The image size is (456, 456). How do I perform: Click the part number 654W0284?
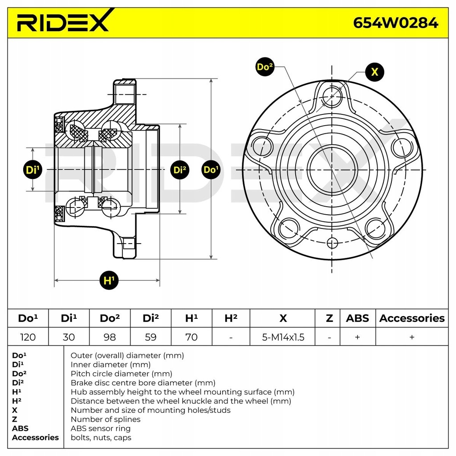click(395, 22)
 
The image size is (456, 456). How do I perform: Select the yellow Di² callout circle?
click(180, 170)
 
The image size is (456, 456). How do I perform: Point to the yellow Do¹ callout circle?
click(211, 170)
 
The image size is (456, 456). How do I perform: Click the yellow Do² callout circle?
click(265, 67)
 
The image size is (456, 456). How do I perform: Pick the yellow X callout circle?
click(375, 72)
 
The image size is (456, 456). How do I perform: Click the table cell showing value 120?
click(28, 337)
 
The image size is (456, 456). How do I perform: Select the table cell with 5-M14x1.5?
click(283, 337)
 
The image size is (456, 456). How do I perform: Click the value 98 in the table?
click(110, 337)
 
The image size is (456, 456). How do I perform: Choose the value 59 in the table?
click(151, 337)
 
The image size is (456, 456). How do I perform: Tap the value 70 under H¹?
click(191, 337)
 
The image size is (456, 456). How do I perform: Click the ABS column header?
click(357, 318)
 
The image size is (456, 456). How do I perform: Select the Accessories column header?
click(412, 318)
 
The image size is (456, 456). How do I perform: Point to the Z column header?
click(329, 318)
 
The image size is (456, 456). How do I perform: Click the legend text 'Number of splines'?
click(106, 419)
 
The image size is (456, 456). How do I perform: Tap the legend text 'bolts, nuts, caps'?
click(101, 437)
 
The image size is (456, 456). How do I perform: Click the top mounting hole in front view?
click(332, 95)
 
